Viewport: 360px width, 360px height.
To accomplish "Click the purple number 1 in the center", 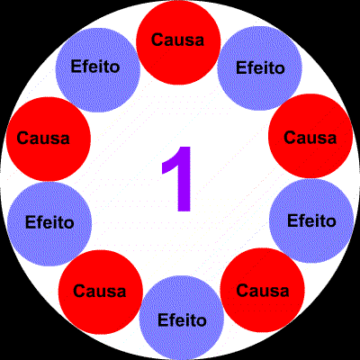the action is pos(177,179).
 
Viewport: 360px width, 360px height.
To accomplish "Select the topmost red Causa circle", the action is pos(178,42).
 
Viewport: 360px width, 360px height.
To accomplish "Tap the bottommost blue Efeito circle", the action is pos(182,318).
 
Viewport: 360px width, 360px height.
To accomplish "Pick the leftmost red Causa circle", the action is pos(49,139).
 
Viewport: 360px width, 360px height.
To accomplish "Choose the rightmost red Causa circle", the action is pos(310,136).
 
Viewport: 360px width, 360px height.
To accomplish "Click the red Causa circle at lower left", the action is pos(101,292).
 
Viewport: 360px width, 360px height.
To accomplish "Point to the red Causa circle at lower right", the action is pos(263,290).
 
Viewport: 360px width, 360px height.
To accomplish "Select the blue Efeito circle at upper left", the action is pos(98,70).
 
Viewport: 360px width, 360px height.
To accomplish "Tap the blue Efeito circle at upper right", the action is pos(259,68).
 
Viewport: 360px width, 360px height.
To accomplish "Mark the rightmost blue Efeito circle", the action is pos(311,220).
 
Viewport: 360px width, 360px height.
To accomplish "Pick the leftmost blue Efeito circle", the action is pos(49,224).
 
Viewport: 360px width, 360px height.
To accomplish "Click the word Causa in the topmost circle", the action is pos(177,40).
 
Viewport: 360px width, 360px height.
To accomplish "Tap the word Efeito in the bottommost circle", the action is pos(182,319).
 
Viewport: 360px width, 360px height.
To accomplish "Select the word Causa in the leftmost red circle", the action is pos(43,138).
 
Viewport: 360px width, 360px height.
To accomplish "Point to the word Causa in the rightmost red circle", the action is pos(310,138).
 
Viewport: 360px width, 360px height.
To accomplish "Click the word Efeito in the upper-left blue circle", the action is pos(95,66).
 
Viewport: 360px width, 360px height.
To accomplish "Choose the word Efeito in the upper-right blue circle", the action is pos(260,67).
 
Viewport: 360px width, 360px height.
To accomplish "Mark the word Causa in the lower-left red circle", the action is pos(100,291).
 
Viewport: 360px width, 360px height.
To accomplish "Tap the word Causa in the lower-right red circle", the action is pos(263,291).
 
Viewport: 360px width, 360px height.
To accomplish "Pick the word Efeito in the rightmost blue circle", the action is pos(311,220).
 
